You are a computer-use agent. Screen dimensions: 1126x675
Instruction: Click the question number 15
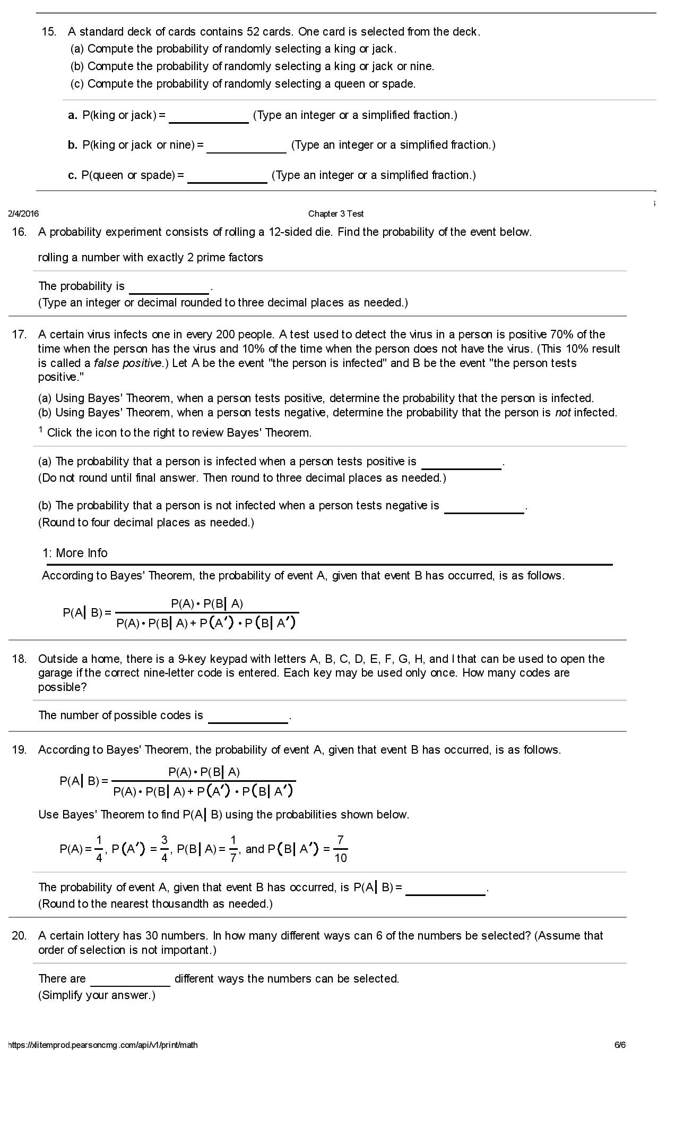(x=49, y=32)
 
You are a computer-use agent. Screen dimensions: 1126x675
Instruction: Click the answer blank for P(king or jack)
(x=209, y=116)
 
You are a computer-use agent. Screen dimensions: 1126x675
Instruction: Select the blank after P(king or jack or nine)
(x=246, y=146)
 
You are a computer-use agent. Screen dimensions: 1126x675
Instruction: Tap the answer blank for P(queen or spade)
(x=227, y=176)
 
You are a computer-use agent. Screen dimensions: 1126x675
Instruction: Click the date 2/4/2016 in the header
(x=23, y=214)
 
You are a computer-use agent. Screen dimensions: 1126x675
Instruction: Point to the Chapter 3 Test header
(x=335, y=214)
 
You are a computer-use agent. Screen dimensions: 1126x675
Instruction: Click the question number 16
(x=19, y=232)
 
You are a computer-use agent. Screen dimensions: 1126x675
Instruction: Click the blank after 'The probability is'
(x=169, y=287)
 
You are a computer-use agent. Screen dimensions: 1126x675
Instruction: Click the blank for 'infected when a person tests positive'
(x=461, y=463)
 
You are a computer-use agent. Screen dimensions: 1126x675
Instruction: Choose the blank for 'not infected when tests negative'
(x=484, y=507)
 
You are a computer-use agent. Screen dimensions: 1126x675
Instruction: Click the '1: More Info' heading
(x=75, y=553)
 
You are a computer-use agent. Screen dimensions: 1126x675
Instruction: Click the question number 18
(x=19, y=659)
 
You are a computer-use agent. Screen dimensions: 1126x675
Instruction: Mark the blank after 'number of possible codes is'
(x=248, y=716)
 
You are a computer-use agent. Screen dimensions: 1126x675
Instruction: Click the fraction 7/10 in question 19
(x=340, y=849)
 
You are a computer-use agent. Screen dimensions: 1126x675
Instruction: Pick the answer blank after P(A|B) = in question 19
(x=445, y=889)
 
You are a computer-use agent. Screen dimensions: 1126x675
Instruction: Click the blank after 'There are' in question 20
(x=130, y=979)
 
